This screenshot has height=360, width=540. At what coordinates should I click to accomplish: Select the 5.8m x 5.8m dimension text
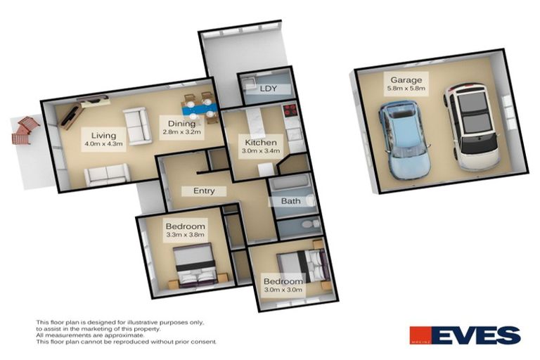point(402,90)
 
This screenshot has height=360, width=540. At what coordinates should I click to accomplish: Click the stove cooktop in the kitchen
point(289,111)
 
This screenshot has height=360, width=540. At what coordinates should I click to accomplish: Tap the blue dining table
point(198,108)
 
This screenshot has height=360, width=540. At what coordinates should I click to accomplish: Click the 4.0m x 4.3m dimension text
point(103,145)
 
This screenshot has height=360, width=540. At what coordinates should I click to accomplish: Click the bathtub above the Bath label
point(289,184)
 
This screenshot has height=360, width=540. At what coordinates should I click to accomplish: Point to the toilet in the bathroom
point(307,200)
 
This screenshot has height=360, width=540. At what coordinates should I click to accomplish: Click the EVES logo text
point(476,335)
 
